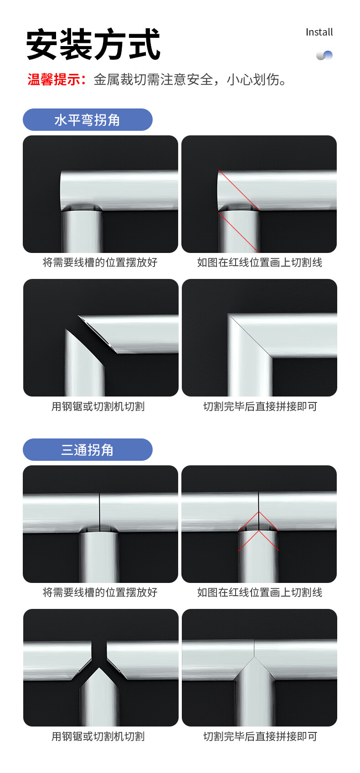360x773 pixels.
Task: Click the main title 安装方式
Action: click(x=93, y=44)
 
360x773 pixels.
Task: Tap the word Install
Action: click(x=319, y=32)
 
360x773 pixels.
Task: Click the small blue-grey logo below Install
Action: click(x=324, y=55)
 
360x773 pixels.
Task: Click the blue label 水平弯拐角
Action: click(x=87, y=120)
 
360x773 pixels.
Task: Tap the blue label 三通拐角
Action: click(x=87, y=450)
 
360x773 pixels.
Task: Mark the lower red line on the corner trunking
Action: click(x=238, y=232)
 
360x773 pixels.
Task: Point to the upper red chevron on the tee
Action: click(x=258, y=520)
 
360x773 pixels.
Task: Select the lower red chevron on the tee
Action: click(x=258, y=540)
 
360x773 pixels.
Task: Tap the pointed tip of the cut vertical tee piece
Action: click(x=99, y=668)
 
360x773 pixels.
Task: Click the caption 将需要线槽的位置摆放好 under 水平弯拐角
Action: click(x=100, y=262)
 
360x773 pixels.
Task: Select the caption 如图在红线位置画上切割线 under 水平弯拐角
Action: click(x=260, y=262)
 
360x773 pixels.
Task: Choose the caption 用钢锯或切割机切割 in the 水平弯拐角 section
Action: click(x=98, y=407)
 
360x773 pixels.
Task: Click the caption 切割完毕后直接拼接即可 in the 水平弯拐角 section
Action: click(x=260, y=407)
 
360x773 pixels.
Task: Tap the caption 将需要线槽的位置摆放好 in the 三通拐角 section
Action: click(x=100, y=592)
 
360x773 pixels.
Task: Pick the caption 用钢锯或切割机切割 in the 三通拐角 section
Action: click(x=98, y=737)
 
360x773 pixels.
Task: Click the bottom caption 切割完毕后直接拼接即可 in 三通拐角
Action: click(x=260, y=737)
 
